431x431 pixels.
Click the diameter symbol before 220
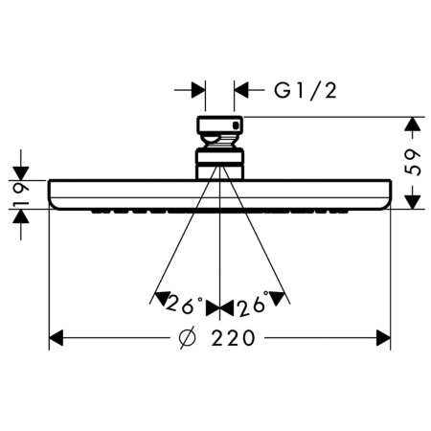(190, 338)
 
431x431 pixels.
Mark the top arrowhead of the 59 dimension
(412, 125)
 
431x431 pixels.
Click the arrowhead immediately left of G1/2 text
(242, 91)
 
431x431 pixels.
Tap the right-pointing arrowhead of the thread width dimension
(197, 91)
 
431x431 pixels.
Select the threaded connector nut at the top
(220, 127)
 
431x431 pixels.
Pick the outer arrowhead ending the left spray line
(161, 298)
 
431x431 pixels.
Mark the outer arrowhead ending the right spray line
(279, 298)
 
